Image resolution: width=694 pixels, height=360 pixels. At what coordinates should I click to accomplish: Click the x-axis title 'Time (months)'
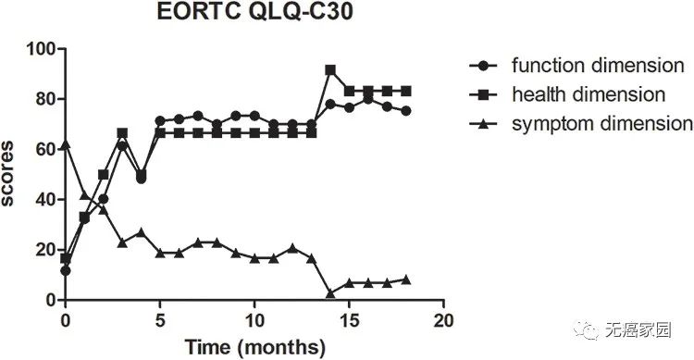pos(254,348)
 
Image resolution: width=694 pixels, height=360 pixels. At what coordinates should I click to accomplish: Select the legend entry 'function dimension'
pos(597,66)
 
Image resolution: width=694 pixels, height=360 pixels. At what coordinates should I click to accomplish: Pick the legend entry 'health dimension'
pos(589,94)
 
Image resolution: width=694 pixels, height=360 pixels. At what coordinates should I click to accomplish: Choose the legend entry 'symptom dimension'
pos(601,123)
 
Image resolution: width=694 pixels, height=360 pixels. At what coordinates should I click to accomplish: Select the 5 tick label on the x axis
pos(160,320)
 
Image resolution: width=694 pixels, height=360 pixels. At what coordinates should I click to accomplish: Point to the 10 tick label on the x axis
pos(254,320)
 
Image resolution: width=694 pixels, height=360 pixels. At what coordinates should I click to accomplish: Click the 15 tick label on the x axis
pos(349,320)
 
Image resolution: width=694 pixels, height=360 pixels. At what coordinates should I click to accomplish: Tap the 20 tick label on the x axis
pos(444,320)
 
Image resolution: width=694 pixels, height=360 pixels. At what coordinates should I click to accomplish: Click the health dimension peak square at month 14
pos(330,70)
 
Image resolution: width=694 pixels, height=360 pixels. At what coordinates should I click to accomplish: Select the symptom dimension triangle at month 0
pos(66,144)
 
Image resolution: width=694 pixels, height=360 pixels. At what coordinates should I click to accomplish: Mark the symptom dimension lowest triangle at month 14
pos(330,293)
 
